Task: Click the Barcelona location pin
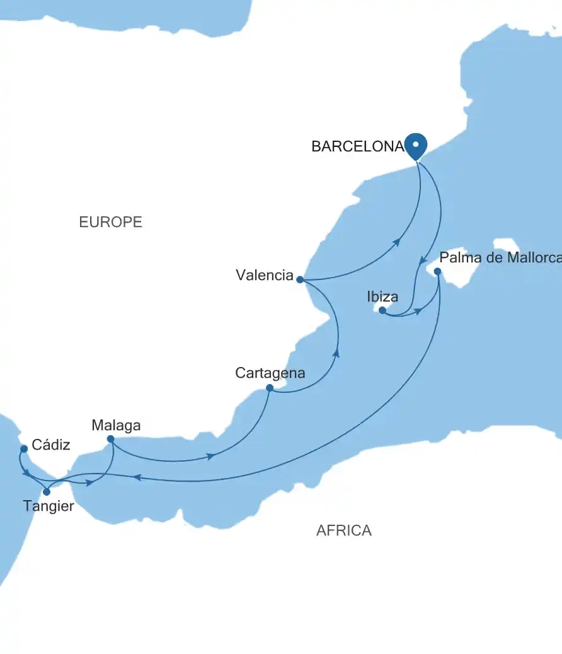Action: pos(415,146)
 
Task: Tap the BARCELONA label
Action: pos(357,147)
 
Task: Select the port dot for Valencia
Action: pos(300,279)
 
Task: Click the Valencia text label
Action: pos(265,275)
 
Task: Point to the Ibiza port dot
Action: pos(382,310)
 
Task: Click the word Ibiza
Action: pos(382,296)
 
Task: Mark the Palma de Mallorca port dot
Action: pos(438,272)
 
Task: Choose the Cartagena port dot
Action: pos(269,388)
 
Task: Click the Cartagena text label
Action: pos(270,373)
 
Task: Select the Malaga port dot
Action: pos(110,439)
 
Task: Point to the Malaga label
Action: pos(116,426)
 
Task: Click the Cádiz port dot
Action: pos(23,448)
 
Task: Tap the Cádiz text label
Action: pos(51,445)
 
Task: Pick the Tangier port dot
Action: pos(47,492)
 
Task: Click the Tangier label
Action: pos(49,506)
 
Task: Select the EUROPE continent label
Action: pos(110,222)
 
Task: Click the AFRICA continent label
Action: pos(343,530)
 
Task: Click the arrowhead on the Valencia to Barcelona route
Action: pos(397,242)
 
